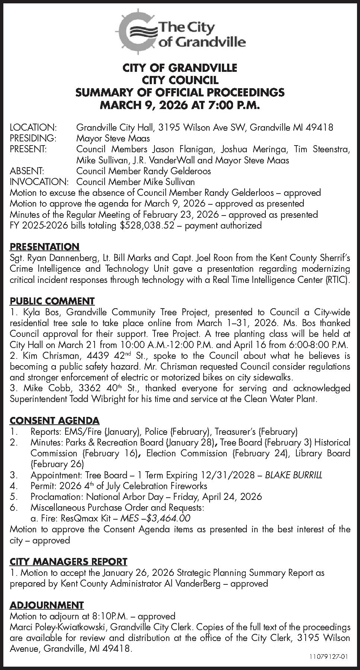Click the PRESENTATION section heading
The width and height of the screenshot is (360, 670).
[x=44, y=246]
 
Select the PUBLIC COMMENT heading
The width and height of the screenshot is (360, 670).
[x=52, y=301]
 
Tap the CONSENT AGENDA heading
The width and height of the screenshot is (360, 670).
[x=54, y=421]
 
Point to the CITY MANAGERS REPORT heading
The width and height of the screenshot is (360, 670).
[x=69, y=561]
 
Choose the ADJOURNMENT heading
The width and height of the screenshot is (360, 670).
[x=47, y=605]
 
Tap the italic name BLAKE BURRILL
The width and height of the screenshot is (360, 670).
[x=293, y=475]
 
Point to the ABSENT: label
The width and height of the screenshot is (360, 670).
[x=27, y=171]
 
